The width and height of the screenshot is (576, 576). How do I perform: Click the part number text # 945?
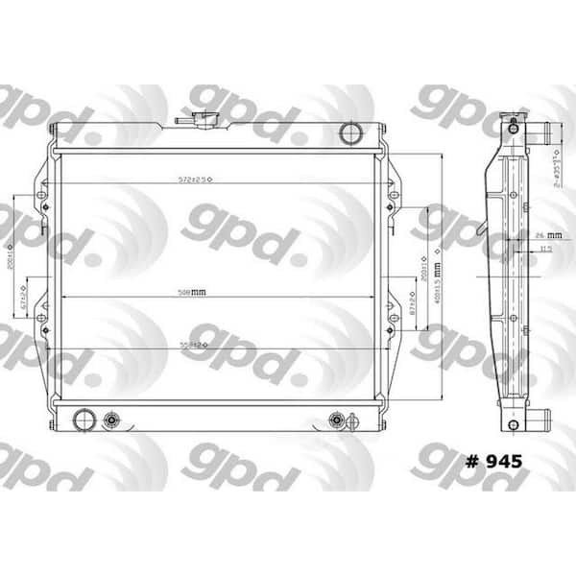pyautogui.click(x=493, y=461)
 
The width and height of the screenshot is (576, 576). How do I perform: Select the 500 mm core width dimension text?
pyautogui.click(x=192, y=292)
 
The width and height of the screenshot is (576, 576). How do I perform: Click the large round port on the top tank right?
pyautogui.click(x=351, y=131)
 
